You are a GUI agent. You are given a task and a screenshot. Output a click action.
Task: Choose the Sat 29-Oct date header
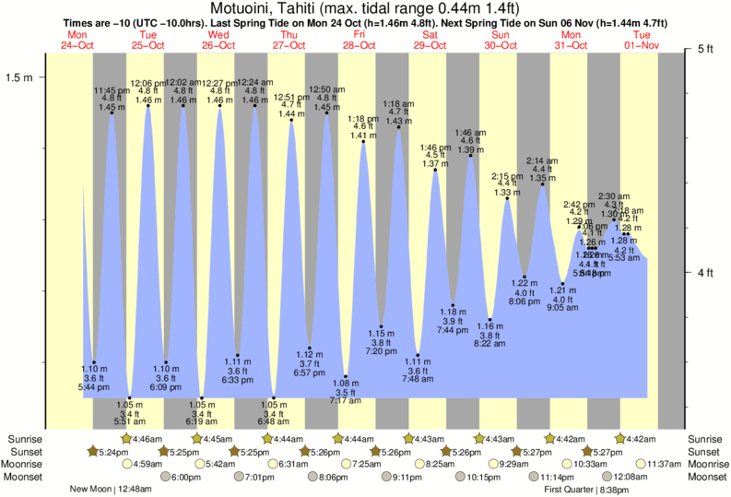[430, 39]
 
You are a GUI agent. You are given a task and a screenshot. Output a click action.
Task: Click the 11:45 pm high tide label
[112, 90]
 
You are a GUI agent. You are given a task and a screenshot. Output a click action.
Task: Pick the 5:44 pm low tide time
[94, 386]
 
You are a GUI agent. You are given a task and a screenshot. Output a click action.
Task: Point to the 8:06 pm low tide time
[524, 302]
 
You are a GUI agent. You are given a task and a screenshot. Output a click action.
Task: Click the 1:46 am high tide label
[470, 133]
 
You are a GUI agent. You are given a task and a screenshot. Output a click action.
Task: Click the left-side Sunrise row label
[25, 439]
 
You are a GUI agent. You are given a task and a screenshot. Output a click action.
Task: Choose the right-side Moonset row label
[707, 478]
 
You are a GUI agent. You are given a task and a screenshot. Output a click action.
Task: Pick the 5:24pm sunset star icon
[93, 452]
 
